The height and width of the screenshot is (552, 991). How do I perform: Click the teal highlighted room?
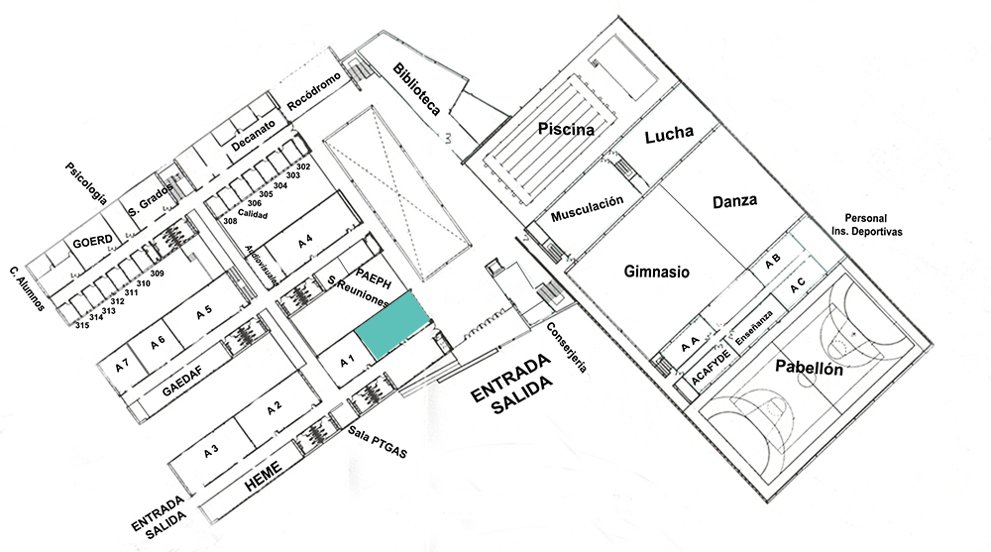[x=394, y=325]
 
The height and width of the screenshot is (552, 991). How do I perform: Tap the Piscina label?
[x=566, y=129]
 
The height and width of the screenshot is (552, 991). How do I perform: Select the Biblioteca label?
[x=416, y=90]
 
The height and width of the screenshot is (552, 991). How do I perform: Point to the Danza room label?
[x=734, y=201]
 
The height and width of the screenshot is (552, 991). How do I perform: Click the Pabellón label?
[x=810, y=370]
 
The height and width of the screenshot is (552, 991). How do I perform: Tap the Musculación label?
[x=588, y=208]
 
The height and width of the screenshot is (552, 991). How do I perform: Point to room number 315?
[x=82, y=325]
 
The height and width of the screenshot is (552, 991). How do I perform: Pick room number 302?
[x=303, y=166]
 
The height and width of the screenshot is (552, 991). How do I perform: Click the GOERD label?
[x=88, y=242]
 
